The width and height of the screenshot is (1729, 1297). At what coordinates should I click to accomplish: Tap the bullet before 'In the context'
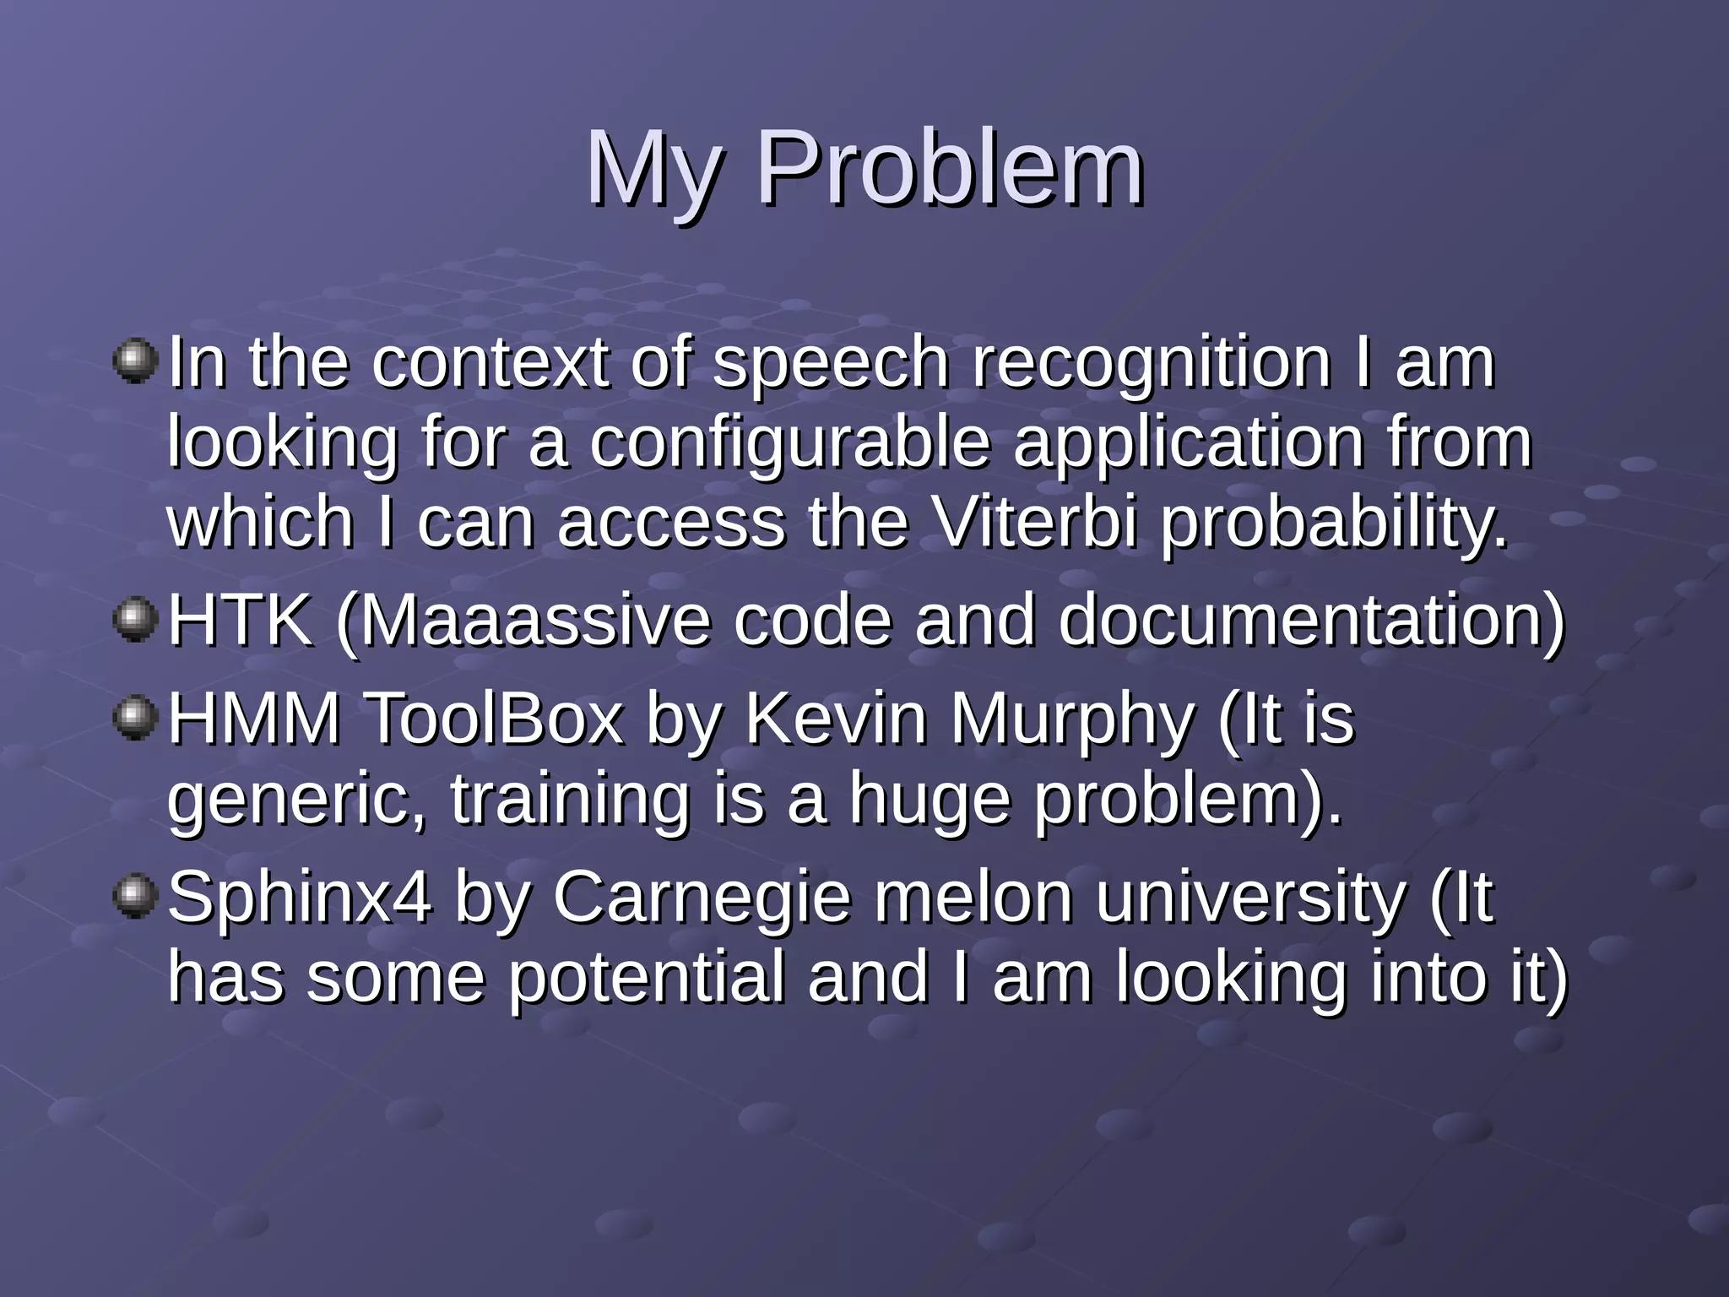pyautogui.click(x=135, y=361)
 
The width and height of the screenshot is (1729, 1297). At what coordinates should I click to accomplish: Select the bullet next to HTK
pyautogui.click(x=135, y=621)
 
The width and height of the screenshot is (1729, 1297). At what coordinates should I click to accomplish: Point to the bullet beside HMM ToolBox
pyautogui.click(x=135, y=718)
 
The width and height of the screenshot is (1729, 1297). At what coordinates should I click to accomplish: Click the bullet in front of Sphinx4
pyautogui.click(x=135, y=895)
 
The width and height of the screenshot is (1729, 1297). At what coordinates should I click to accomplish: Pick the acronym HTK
pyautogui.click(x=240, y=621)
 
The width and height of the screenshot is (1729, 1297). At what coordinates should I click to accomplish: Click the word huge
pyautogui.click(x=929, y=798)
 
